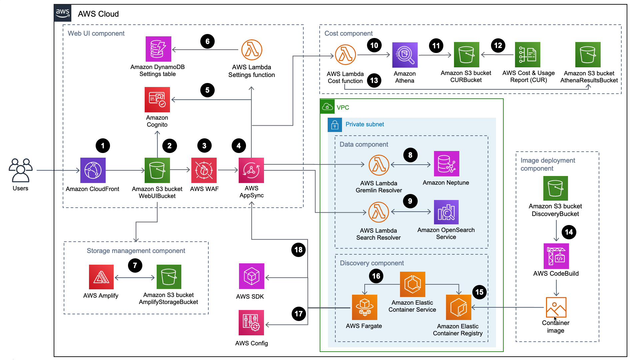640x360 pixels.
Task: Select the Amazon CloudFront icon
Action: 93,170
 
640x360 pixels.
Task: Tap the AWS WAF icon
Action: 204,170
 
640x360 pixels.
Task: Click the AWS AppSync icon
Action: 251,170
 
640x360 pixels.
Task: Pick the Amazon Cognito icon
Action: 157,100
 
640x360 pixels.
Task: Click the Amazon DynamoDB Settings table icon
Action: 158,49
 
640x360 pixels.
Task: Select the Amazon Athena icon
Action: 405,55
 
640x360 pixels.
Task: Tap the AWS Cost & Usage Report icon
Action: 527,55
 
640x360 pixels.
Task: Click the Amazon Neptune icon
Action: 446,164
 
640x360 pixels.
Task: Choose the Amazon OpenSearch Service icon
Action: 446,212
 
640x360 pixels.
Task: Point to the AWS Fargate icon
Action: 364,307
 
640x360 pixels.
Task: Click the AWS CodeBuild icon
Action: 556,256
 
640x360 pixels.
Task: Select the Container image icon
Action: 556,307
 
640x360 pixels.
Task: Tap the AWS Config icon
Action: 251,323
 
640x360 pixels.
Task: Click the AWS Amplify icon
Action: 101,277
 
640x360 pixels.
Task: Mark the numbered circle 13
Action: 374,80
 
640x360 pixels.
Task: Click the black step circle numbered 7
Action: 135,265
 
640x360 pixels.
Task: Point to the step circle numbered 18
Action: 298,250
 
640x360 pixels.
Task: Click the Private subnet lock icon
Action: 335,125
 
